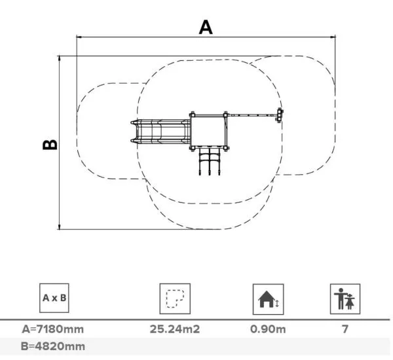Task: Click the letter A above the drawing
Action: click(x=206, y=27)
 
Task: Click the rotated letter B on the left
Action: click(x=50, y=143)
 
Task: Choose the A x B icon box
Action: click(x=54, y=299)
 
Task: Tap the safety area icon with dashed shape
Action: click(x=174, y=299)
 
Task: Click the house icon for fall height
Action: click(x=269, y=299)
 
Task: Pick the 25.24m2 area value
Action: click(x=175, y=329)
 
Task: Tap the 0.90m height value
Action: click(x=268, y=329)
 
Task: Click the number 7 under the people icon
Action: click(x=345, y=329)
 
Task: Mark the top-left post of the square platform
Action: click(x=193, y=115)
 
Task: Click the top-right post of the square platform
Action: click(x=226, y=115)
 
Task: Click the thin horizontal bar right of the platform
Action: click(x=252, y=115)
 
